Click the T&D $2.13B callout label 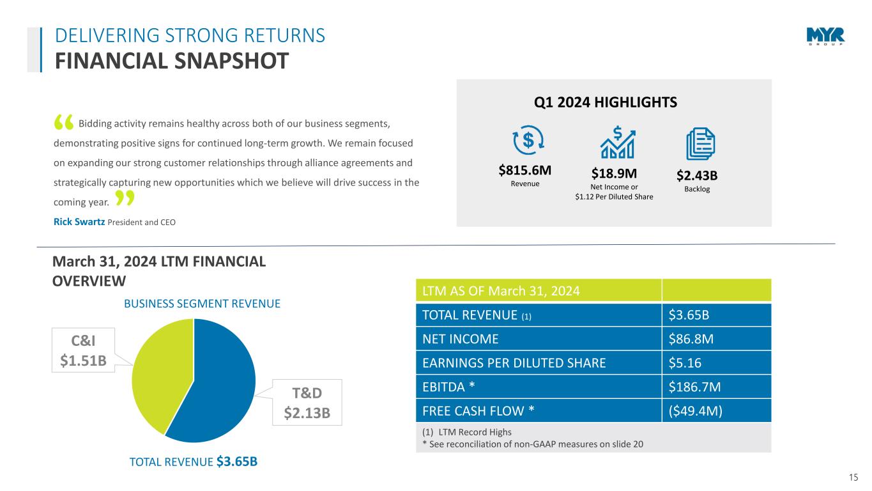tap(307, 402)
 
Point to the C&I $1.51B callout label tap(83, 350)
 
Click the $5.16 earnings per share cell tap(684, 363)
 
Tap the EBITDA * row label tap(448, 387)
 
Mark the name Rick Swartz tap(78, 222)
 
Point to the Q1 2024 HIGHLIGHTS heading tap(613, 102)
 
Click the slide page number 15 tap(853, 477)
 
